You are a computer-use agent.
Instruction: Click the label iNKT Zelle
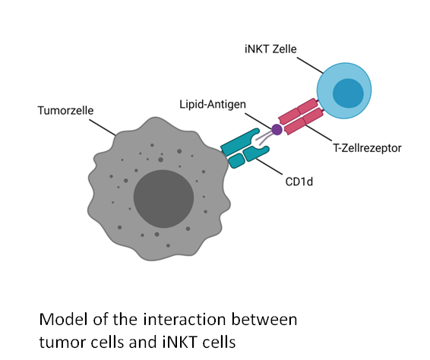click(x=270, y=49)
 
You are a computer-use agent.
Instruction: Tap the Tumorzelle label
click(x=65, y=110)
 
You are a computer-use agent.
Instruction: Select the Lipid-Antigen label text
click(x=213, y=105)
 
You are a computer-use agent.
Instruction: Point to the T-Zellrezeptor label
click(x=367, y=148)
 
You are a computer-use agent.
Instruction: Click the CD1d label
click(x=299, y=182)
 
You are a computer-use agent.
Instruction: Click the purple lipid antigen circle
click(x=277, y=130)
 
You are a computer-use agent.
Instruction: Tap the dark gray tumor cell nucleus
click(x=163, y=199)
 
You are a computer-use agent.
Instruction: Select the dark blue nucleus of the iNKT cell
click(x=348, y=93)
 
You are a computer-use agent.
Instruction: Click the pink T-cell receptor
click(x=301, y=116)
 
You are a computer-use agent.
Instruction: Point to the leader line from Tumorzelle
click(x=103, y=128)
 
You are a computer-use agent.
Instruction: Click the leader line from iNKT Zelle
click(x=310, y=65)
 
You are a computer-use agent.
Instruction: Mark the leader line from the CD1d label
click(x=269, y=166)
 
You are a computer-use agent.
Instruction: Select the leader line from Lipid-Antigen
click(x=258, y=120)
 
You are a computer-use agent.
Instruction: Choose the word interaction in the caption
click(x=185, y=320)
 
